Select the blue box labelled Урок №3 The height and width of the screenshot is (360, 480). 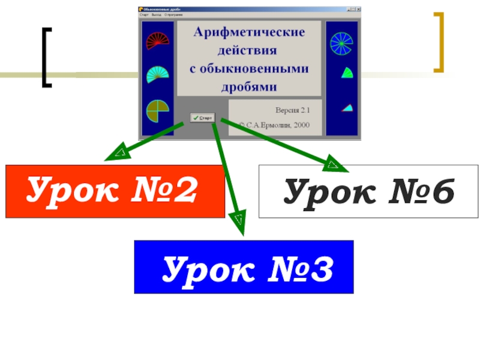pos(244,267)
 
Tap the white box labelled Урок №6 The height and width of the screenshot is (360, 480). pos(368,191)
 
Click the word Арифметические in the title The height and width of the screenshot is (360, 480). pos(249,31)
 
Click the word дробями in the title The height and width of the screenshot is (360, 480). pos(249,86)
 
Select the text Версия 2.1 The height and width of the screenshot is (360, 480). pos(293,110)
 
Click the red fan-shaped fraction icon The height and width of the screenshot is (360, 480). pos(157,40)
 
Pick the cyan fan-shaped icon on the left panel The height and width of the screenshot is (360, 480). pos(157,74)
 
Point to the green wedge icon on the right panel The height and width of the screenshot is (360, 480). pos(346,74)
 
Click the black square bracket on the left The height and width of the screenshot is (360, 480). pos(46,57)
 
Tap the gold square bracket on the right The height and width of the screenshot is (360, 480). pos(439,42)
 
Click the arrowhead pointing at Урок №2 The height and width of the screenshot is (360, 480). pos(114,155)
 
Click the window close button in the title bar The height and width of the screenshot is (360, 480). pos(359,9)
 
